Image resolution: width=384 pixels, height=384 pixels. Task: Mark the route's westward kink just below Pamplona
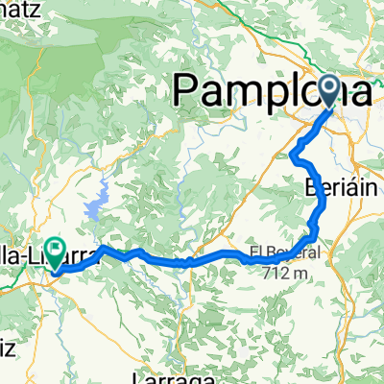point(292,154)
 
